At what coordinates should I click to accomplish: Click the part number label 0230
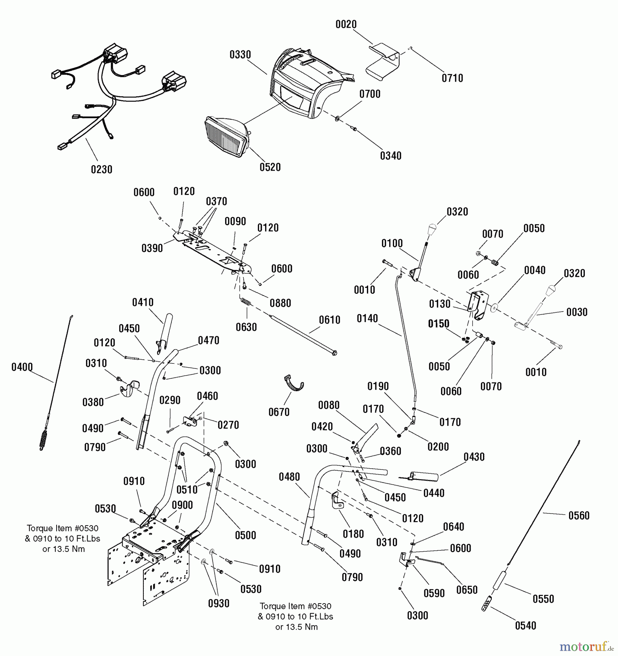pos(101,169)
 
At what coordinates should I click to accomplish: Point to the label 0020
pos(346,25)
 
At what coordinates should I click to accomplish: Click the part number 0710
pos(452,78)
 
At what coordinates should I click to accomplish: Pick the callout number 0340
pos(391,156)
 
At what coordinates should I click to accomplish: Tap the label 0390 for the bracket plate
pos(152,249)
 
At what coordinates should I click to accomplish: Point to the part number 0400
pos(22,367)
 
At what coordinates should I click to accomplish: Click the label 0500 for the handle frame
pos(246,535)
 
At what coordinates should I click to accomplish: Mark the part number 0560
pos(579,516)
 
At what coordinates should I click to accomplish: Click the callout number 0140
pos(367,319)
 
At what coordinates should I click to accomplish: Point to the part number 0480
pos(289,477)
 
